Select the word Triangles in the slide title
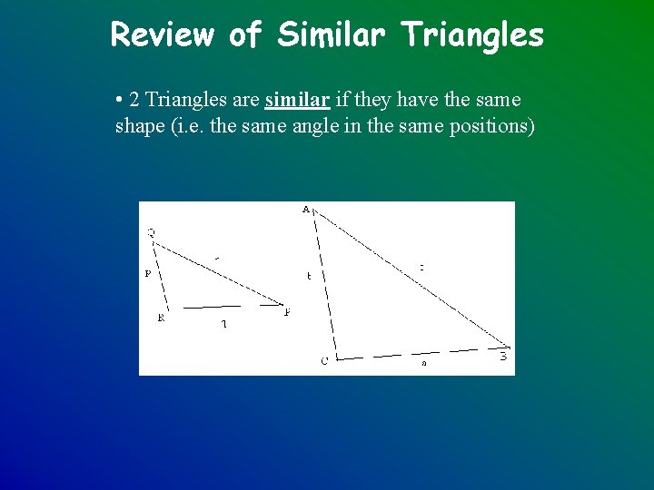473,35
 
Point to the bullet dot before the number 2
119,99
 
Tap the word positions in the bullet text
492,125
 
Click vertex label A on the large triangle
306,210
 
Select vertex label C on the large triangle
324,361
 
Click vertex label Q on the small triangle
151,233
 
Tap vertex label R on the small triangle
161,318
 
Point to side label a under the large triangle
423,363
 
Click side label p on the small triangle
147,272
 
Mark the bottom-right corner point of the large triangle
510,348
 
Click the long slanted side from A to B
409,278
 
